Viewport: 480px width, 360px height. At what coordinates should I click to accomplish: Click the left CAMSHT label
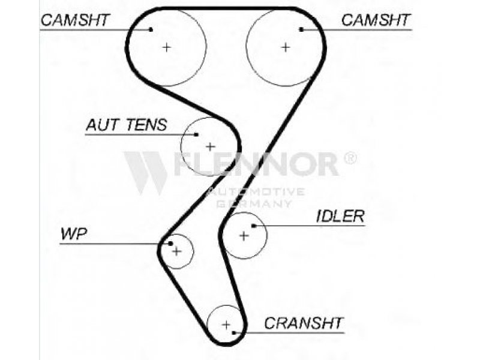[x=76, y=20]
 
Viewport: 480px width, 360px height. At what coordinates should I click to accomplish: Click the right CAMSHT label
[x=376, y=20]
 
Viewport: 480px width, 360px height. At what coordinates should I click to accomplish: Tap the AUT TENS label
[x=126, y=125]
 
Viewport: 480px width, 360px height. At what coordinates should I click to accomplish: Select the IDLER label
[x=340, y=217]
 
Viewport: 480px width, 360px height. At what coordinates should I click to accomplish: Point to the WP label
[x=73, y=234]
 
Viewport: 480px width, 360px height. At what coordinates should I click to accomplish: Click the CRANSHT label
[x=304, y=323]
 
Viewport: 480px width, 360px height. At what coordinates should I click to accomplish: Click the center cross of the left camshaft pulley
[x=166, y=47]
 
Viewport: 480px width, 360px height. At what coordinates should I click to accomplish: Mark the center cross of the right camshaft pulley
[x=286, y=47]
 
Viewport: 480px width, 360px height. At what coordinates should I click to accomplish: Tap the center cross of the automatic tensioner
[x=210, y=146]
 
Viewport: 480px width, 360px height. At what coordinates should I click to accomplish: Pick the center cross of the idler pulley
[x=244, y=235]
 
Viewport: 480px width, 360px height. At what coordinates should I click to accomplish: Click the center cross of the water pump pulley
[x=176, y=251]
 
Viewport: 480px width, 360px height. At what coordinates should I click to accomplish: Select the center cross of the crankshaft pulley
[x=226, y=325]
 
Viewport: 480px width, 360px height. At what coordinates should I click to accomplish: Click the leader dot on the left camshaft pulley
[x=151, y=29]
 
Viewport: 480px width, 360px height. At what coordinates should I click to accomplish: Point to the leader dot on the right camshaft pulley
[x=301, y=29]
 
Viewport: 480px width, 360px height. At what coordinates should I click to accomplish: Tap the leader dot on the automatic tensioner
[x=196, y=134]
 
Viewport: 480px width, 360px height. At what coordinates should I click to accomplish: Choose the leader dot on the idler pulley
[x=254, y=226]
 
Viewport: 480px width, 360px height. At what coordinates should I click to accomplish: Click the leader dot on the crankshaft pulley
[x=235, y=331]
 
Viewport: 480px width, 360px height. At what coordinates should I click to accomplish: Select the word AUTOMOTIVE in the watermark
[x=256, y=192]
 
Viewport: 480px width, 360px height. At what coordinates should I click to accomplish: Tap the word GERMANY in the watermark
[x=254, y=203]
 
